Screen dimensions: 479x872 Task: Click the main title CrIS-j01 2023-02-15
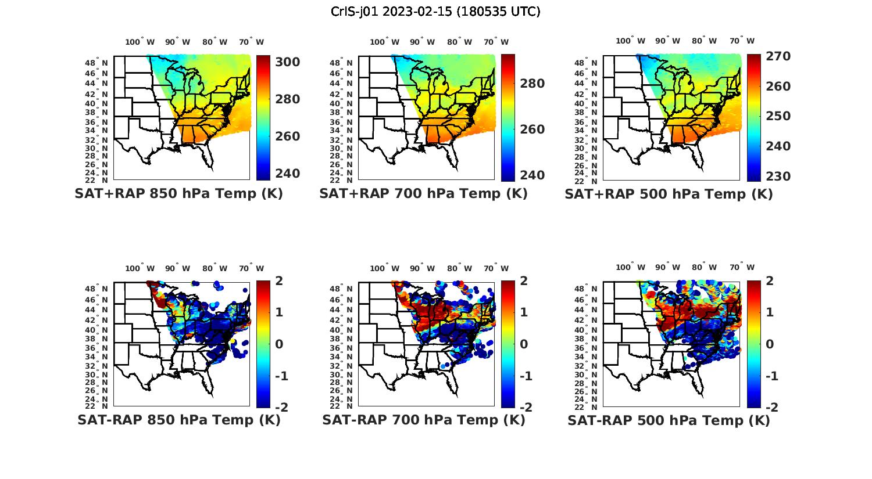pos(435,12)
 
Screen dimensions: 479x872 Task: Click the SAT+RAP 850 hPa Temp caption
pos(178,194)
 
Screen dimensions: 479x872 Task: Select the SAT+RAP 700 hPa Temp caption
pos(423,194)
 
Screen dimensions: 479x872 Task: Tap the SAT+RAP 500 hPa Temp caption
pos(669,194)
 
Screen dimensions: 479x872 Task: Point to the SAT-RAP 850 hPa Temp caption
pos(178,420)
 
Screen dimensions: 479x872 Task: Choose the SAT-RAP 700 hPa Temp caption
pos(423,420)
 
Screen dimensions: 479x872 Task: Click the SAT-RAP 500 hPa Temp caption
pos(669,420)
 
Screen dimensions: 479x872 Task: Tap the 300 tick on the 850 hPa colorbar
pos(287,62)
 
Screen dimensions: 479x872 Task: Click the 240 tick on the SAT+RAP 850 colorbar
pos(287,174)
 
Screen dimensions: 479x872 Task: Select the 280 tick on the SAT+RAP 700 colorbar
pos(532,84)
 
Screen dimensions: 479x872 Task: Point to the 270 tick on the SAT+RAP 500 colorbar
pos(778,56)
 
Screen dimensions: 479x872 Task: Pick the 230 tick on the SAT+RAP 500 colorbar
pos(778,177)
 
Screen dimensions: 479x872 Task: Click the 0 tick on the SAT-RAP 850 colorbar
pos(279,344)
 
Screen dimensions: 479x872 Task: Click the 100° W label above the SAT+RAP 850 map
pos(140,42)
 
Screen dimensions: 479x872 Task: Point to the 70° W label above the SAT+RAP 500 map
pos(742,41)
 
